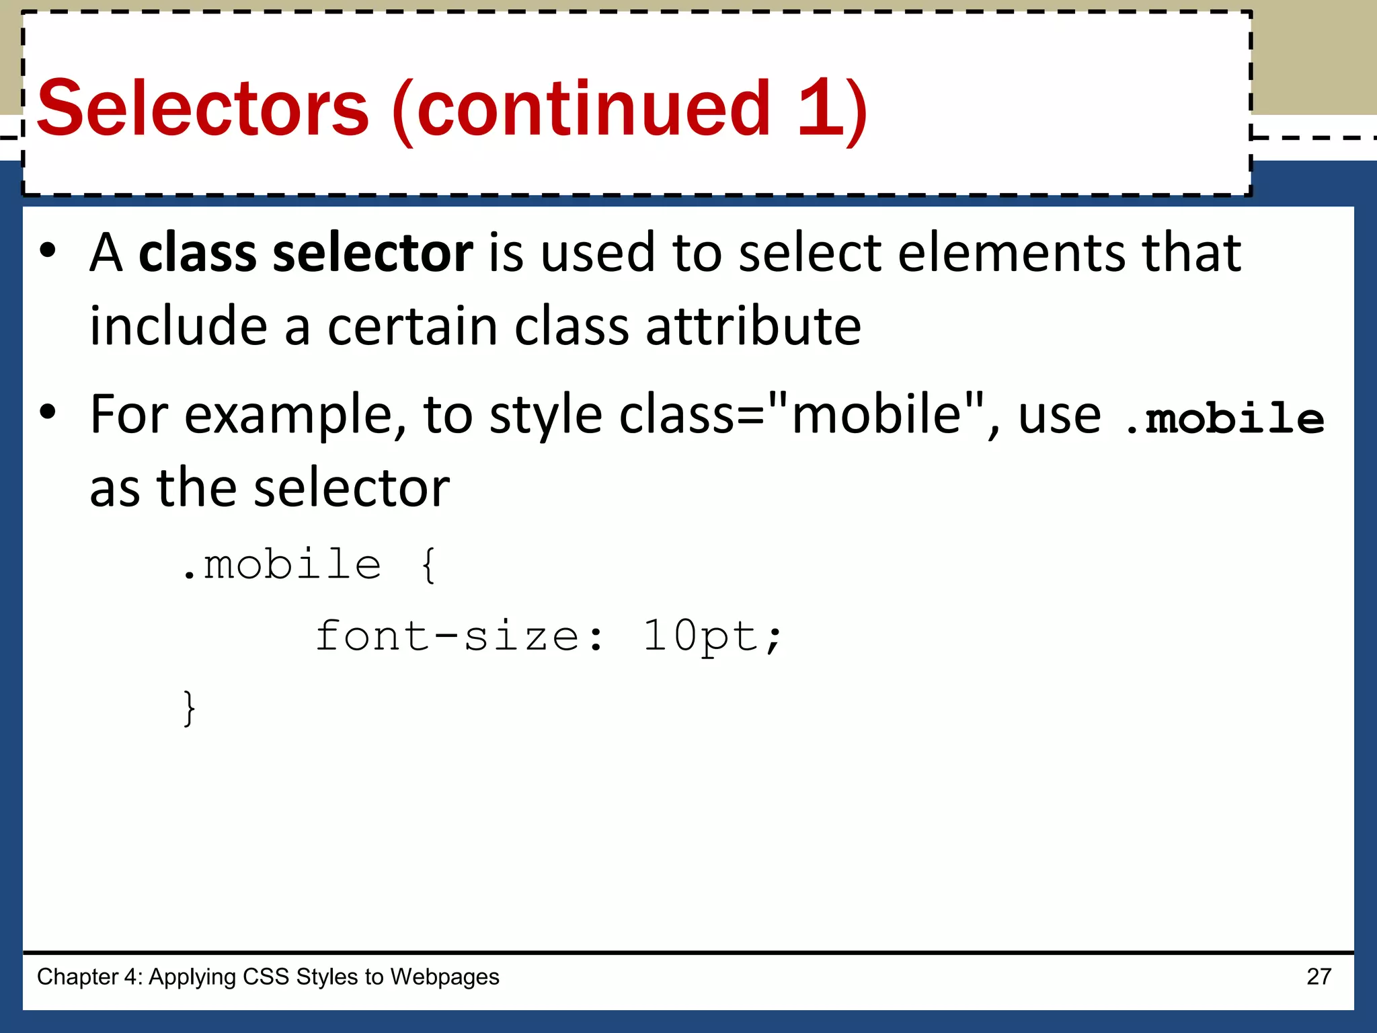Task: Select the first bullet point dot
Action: click(x=48, y=251)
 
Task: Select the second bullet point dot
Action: click(x=48, y=412)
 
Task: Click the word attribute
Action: click(x=753, y=326)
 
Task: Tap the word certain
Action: click(x=413, y=326)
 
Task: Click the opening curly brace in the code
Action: click(x=428, y=565)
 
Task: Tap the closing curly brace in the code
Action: click(x=190, y=707)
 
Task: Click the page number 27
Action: click(x=1319, y=977)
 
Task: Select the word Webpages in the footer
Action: click(x=444, y=977)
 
